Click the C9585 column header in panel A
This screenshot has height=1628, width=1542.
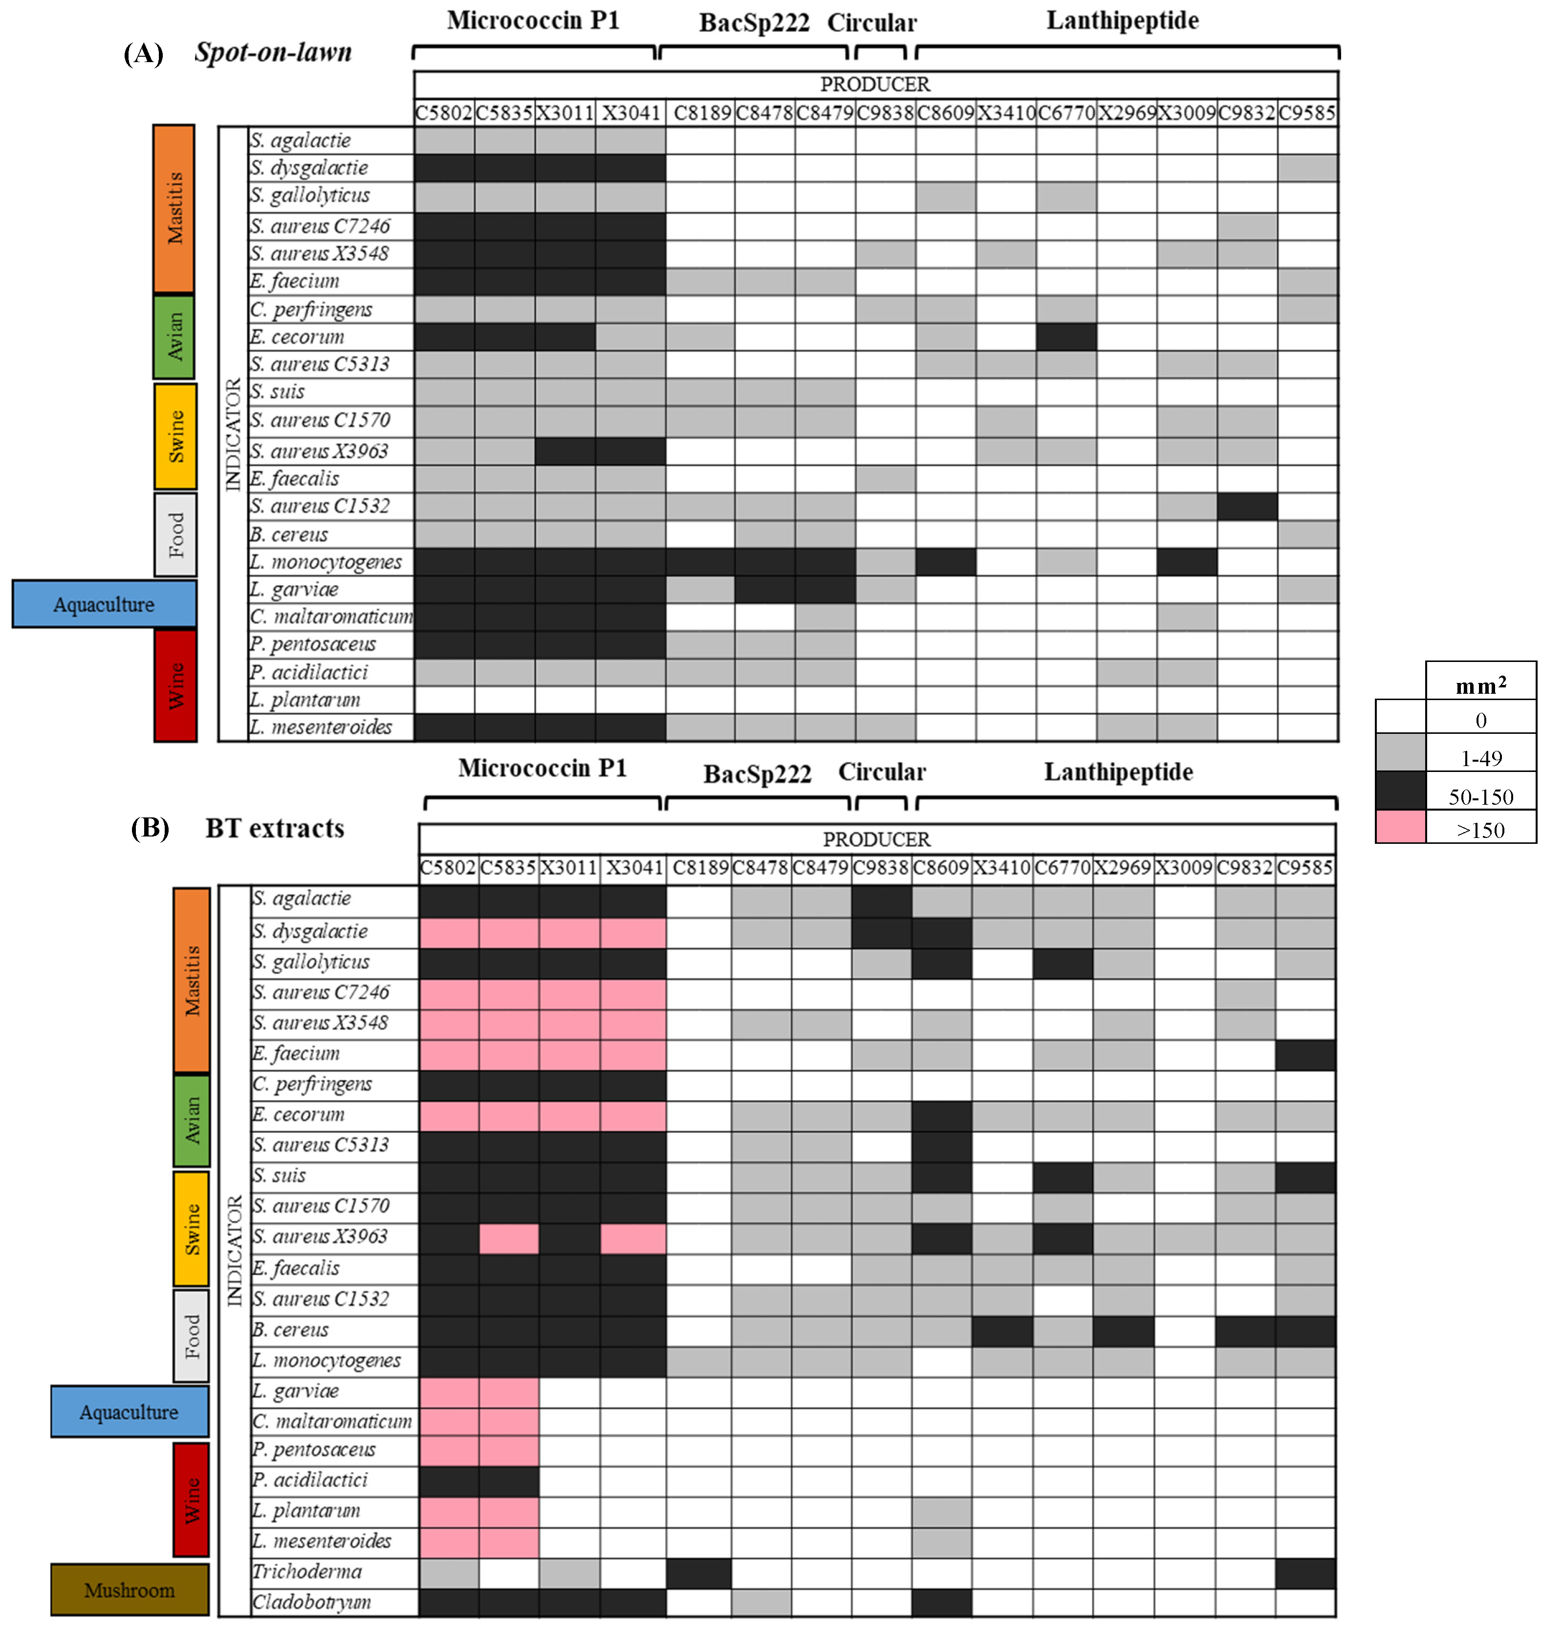1307,112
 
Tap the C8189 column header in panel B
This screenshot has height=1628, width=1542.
700,867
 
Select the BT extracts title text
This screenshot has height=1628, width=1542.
275,828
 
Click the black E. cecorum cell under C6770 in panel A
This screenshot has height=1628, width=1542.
1066,336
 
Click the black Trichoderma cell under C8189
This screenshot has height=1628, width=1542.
699,1572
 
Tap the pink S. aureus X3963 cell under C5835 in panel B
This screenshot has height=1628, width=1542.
509,1237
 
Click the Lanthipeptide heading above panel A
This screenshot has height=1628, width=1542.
1122,21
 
